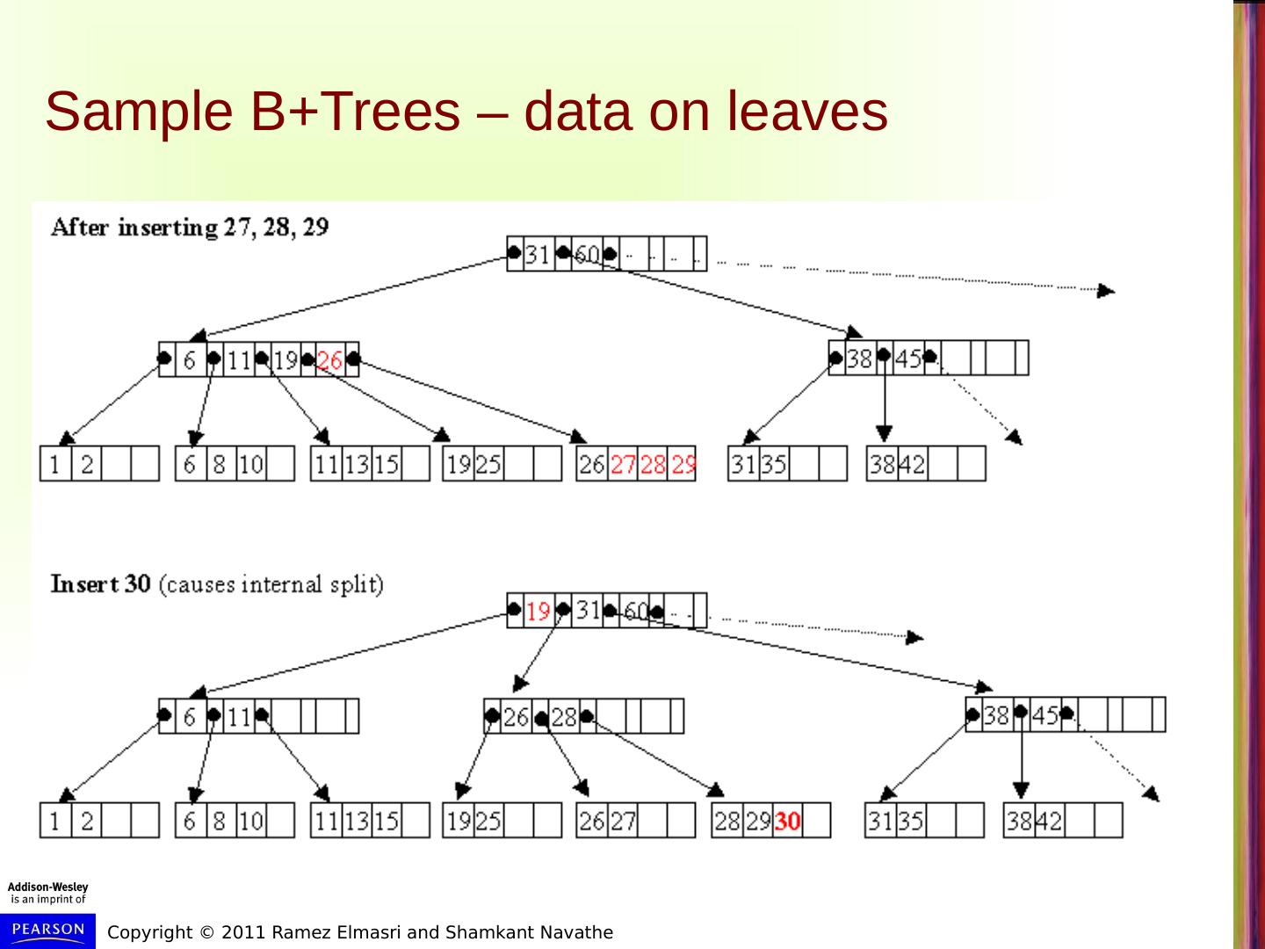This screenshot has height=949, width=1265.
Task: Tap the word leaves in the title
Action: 807,112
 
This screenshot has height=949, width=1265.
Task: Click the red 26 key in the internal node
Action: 329,359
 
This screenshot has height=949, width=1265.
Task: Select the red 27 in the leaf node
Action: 622,464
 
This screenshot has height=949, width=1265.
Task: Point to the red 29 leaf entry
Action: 683,464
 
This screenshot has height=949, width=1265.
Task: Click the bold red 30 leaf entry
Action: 788,821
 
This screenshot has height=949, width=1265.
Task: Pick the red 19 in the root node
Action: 539,611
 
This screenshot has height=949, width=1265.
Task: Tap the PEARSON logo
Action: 48,930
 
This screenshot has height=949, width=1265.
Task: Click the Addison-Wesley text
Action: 48,887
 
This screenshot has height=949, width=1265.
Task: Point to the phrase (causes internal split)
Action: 271,584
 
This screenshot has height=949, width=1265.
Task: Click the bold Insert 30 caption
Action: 100,583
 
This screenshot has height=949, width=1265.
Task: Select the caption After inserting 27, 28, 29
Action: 190,227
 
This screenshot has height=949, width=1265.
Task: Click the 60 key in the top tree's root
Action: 586,255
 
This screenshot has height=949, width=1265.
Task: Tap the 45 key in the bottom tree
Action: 1045,715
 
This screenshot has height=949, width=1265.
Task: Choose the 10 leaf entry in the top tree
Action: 251,464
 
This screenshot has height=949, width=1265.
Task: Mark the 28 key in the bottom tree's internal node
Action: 563,717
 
